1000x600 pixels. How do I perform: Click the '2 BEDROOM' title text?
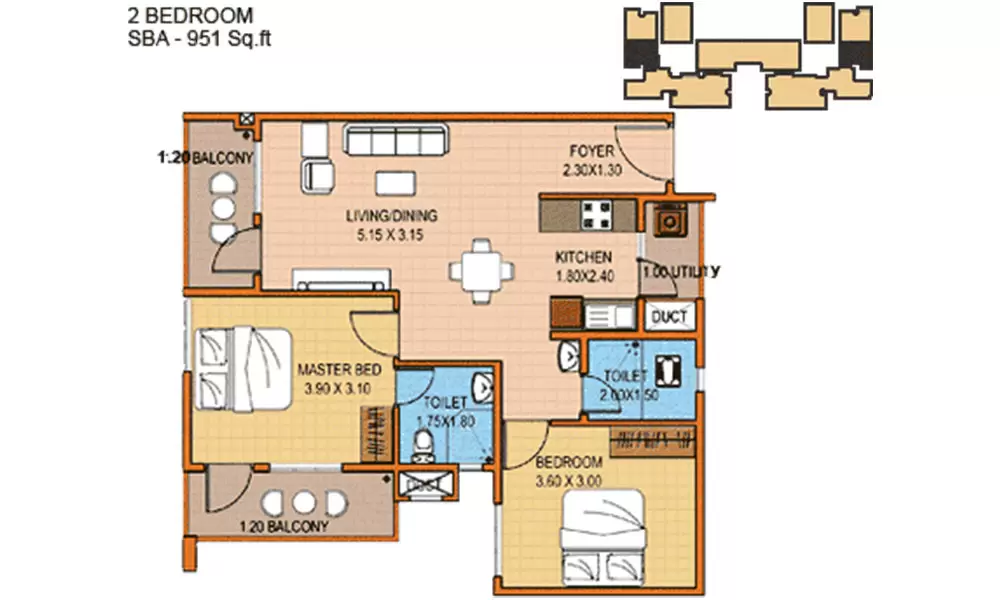click(x=190, y=16)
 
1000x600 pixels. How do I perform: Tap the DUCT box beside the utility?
click(x=669, y=317)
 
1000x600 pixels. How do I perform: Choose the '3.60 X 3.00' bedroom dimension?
click(x=570, y=480)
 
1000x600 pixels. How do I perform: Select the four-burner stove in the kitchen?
click(x=598, y=214)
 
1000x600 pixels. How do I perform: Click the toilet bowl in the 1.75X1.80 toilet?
click(x=422, y=443)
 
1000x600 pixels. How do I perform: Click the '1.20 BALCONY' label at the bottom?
click(x=283, y=526)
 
